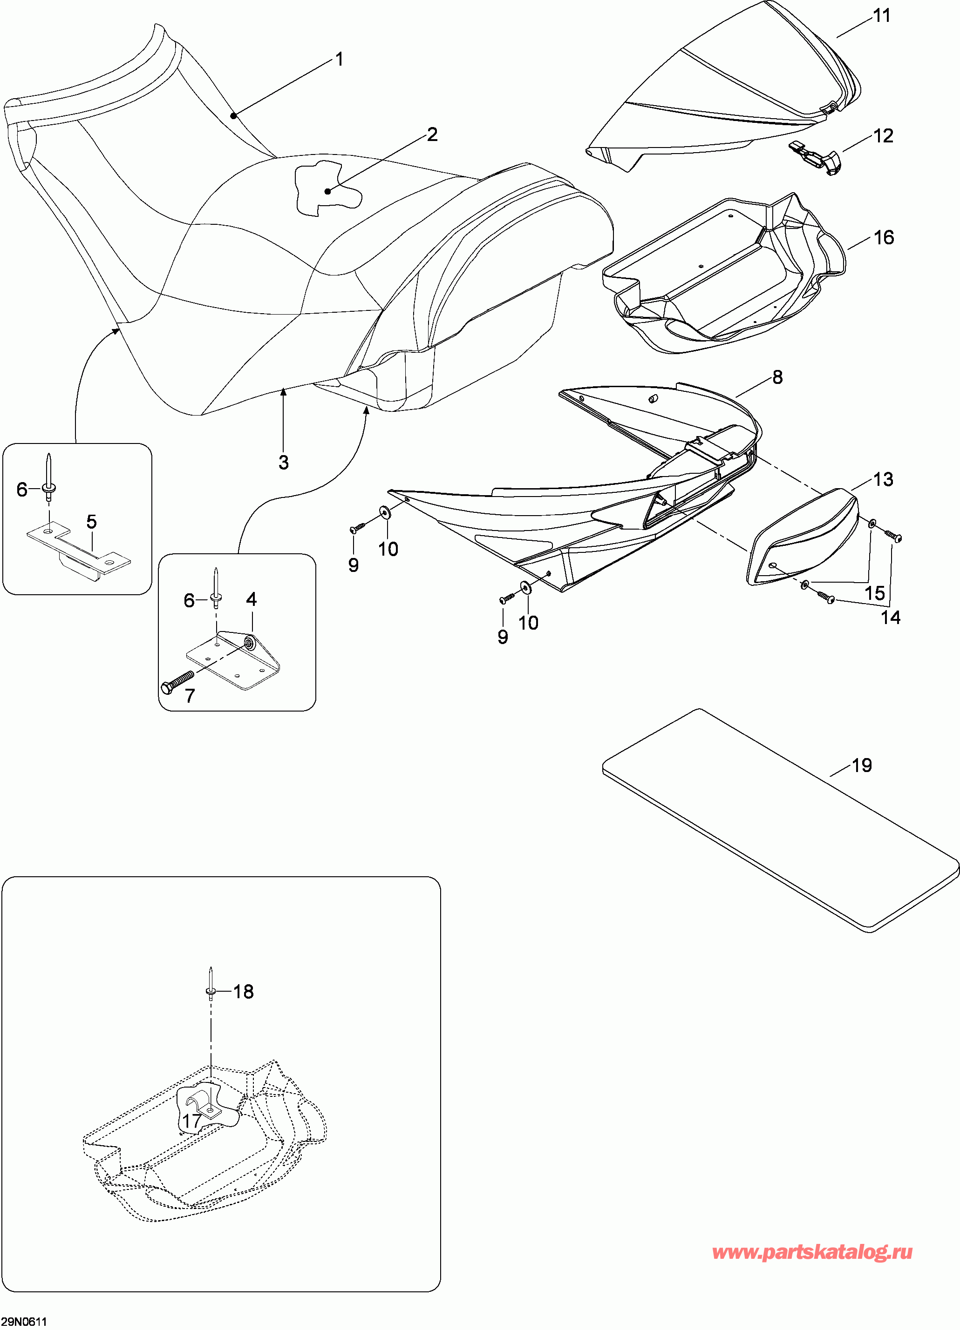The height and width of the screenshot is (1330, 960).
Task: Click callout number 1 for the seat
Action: [x=339, y=59]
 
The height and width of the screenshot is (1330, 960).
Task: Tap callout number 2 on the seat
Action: [x=432, y=135]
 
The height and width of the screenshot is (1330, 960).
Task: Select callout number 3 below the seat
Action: [x=283, y=463]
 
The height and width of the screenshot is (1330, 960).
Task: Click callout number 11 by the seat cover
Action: [x=882, y=16]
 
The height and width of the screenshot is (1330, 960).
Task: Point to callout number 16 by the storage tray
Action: [x=884, y=237]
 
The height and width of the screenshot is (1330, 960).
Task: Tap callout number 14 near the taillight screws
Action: [x=890, y=617]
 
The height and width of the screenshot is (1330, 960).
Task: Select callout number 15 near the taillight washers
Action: [x=874, y=593]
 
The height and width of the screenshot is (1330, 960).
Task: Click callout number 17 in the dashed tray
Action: [x=192, y=1121]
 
